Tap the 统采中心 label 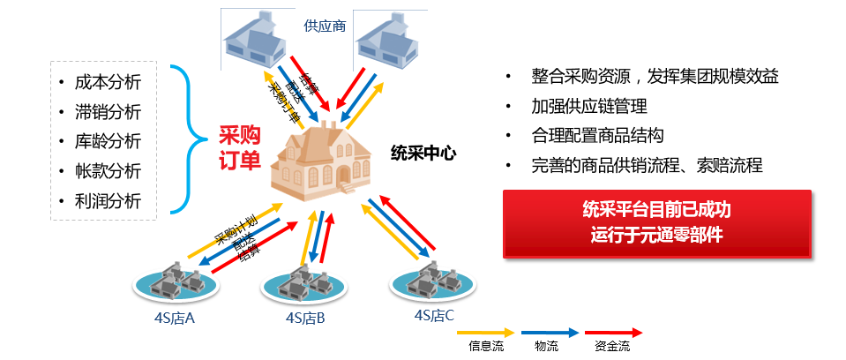point(423,152)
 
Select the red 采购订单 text point(239,147)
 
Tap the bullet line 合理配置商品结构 point(597,136)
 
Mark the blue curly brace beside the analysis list point(185,139)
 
